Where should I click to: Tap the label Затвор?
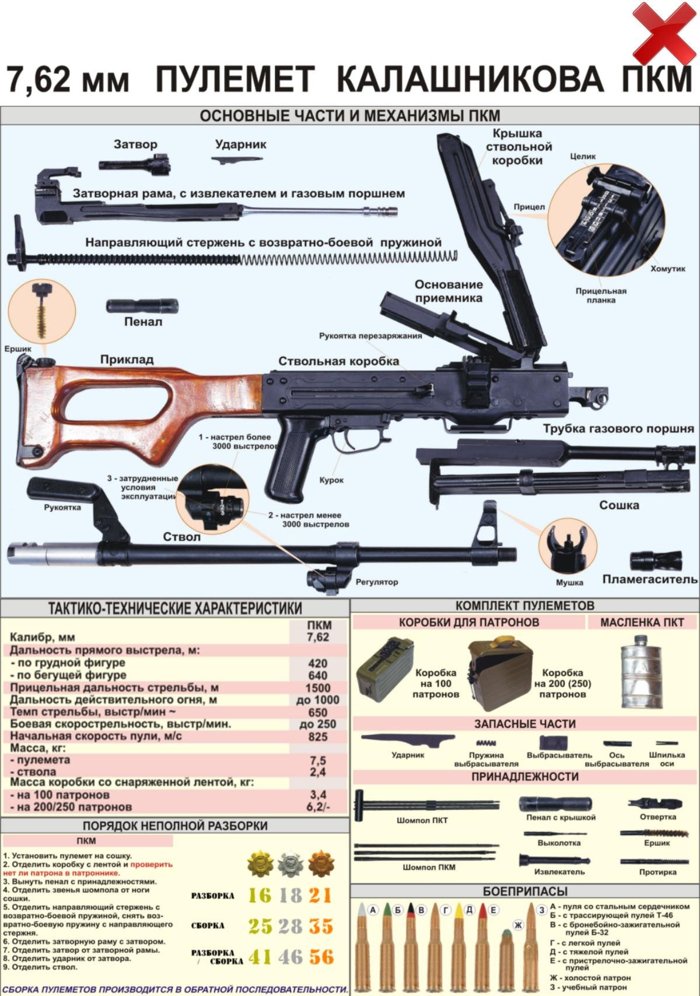pyautogui.click(x=135, y=144)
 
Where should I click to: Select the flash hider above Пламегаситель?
pyautogui.click(x=656, y=561)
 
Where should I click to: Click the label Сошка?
pyautogui.click(x=619, y=505)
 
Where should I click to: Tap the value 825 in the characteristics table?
pyautogui.click(x=318, y=737)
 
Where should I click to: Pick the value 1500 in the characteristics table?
pyautogui.click(x=318, y=688)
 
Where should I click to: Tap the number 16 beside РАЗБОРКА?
pyautogui.click(x=260, y=895)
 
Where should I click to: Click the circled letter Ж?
pyautogui.click(x=518, y=925)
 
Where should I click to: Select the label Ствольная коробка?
pyautogui.click(x=338, y=361)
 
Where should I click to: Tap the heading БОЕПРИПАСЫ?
pyautogui.click(x=525, y=892)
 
